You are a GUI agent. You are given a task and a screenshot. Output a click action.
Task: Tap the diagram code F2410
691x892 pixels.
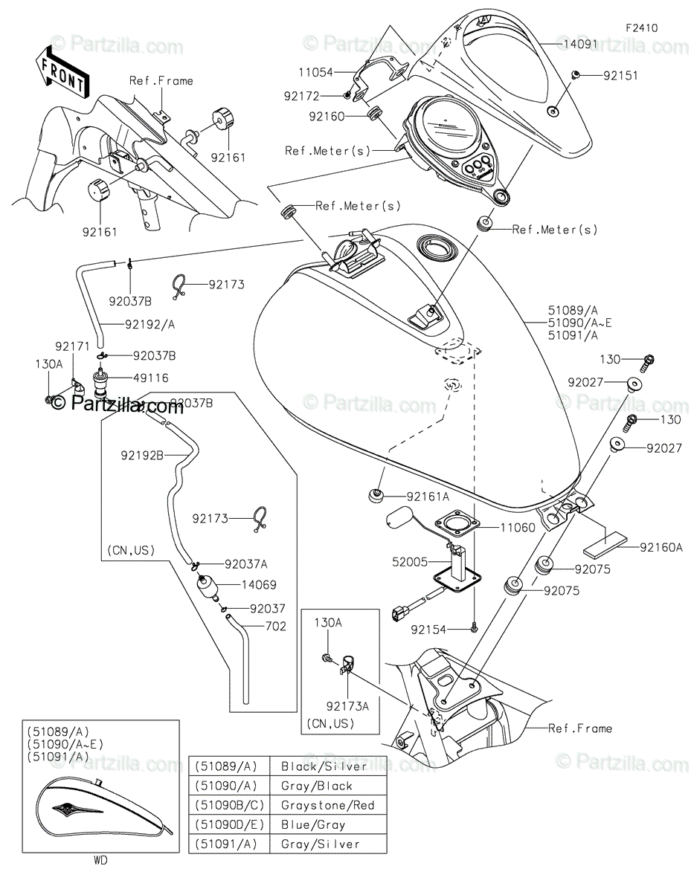coord(641,28)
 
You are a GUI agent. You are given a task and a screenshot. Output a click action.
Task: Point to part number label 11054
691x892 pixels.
coord(315,72)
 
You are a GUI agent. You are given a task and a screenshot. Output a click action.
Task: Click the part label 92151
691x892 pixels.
coord(620,76)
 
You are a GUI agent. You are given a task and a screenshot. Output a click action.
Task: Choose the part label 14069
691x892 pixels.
coord(259,584)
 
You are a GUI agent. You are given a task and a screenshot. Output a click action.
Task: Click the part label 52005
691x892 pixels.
coord(410,561)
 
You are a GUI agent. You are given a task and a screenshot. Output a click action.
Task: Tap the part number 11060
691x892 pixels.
coord(518,528)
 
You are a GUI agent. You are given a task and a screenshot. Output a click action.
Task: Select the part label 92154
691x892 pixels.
coord(428,630)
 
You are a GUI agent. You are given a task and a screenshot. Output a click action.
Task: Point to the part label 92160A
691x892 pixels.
coord(661,547)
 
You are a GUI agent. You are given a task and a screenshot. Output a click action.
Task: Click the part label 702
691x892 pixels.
coord(276,626)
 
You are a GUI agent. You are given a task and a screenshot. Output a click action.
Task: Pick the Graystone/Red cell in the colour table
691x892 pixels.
coord(327,805)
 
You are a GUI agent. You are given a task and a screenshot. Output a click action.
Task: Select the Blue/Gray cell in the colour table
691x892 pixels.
coord(313,824)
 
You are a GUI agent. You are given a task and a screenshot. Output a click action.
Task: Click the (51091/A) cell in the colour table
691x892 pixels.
coord(226,844)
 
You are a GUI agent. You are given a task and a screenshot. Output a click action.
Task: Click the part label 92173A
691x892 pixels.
coord(347,706)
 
